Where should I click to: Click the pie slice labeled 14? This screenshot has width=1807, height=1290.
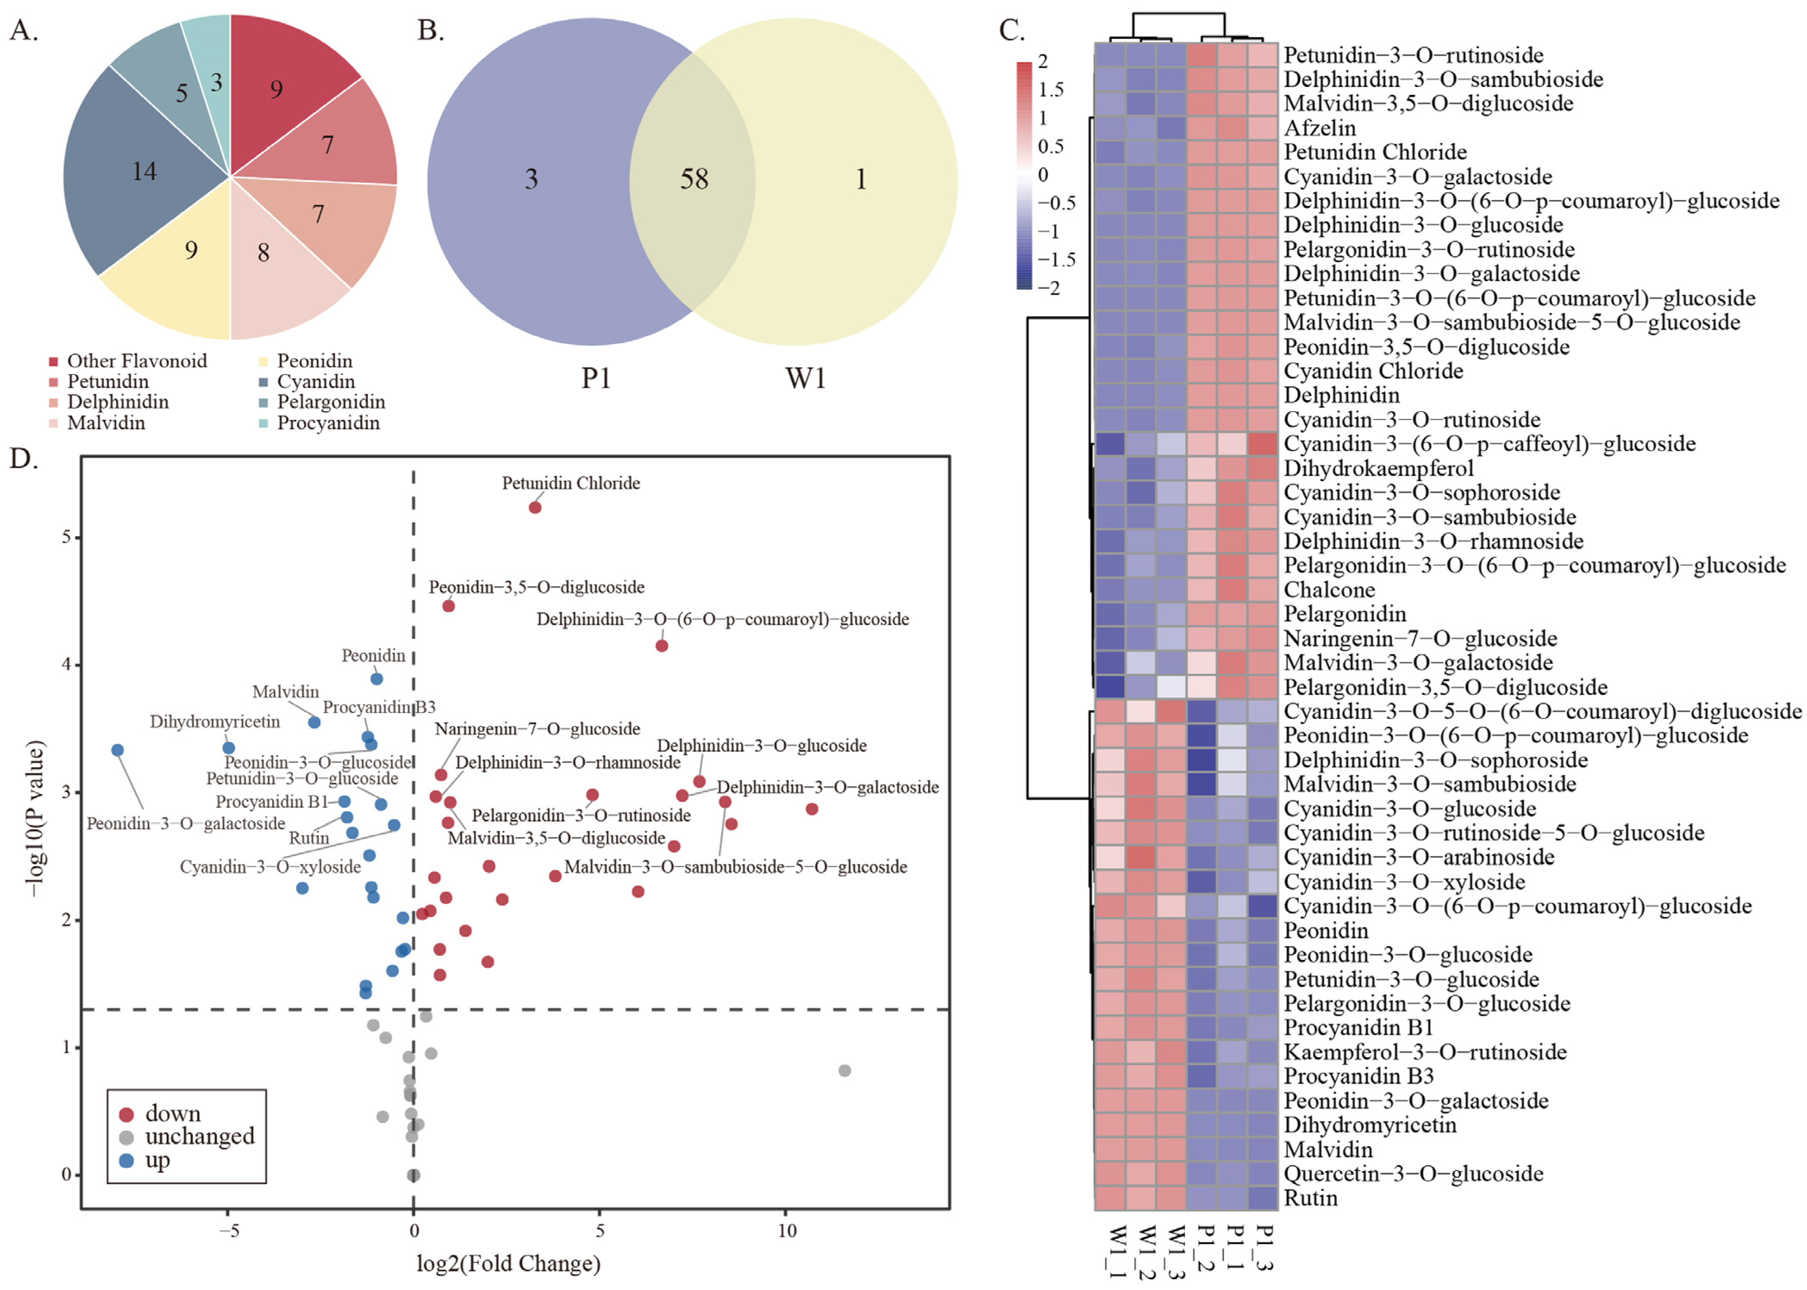(x=143, y=171)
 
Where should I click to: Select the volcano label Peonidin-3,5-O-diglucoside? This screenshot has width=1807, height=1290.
(x=536, y=587)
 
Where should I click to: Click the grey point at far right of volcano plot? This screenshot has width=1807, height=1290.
(x=845, y=1071)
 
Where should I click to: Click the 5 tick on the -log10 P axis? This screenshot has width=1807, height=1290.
(x=67, y=538)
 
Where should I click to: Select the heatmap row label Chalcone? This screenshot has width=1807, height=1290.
(x=1329, y=589)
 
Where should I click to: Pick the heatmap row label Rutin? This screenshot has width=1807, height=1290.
(x=1310, y=1198)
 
